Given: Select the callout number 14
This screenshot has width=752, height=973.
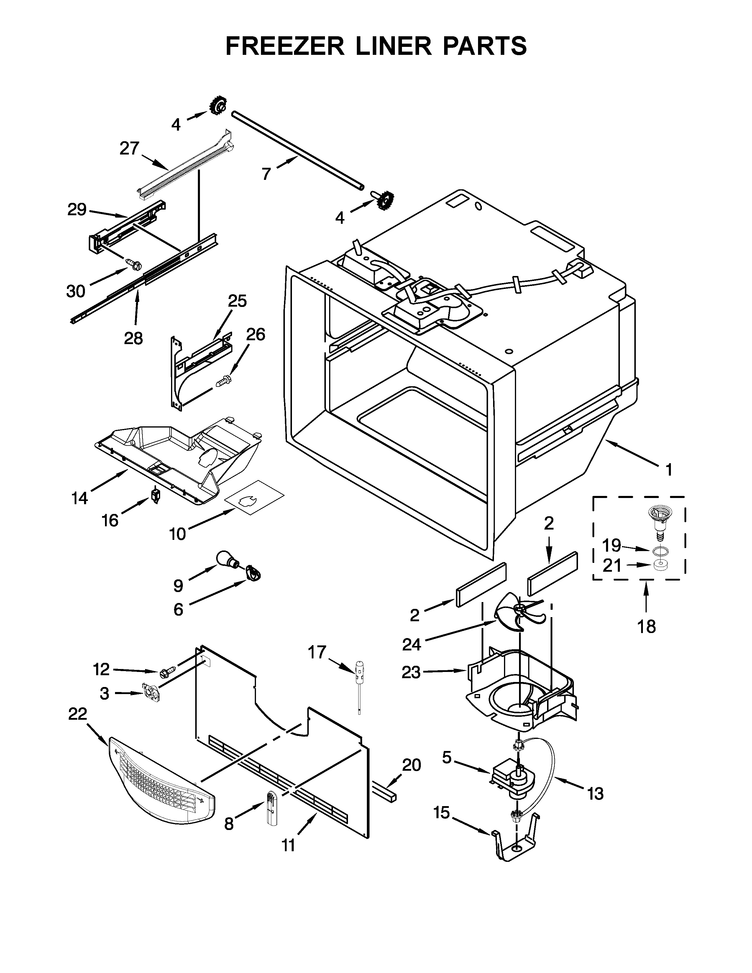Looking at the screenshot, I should pyautogui.click(x=80, y=499).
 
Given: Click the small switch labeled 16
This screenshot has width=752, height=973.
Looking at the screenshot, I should pyautogui.click(x=155, y=495).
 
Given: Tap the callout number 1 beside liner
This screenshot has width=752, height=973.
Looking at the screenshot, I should pyautogui.click(x=668, y=470).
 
